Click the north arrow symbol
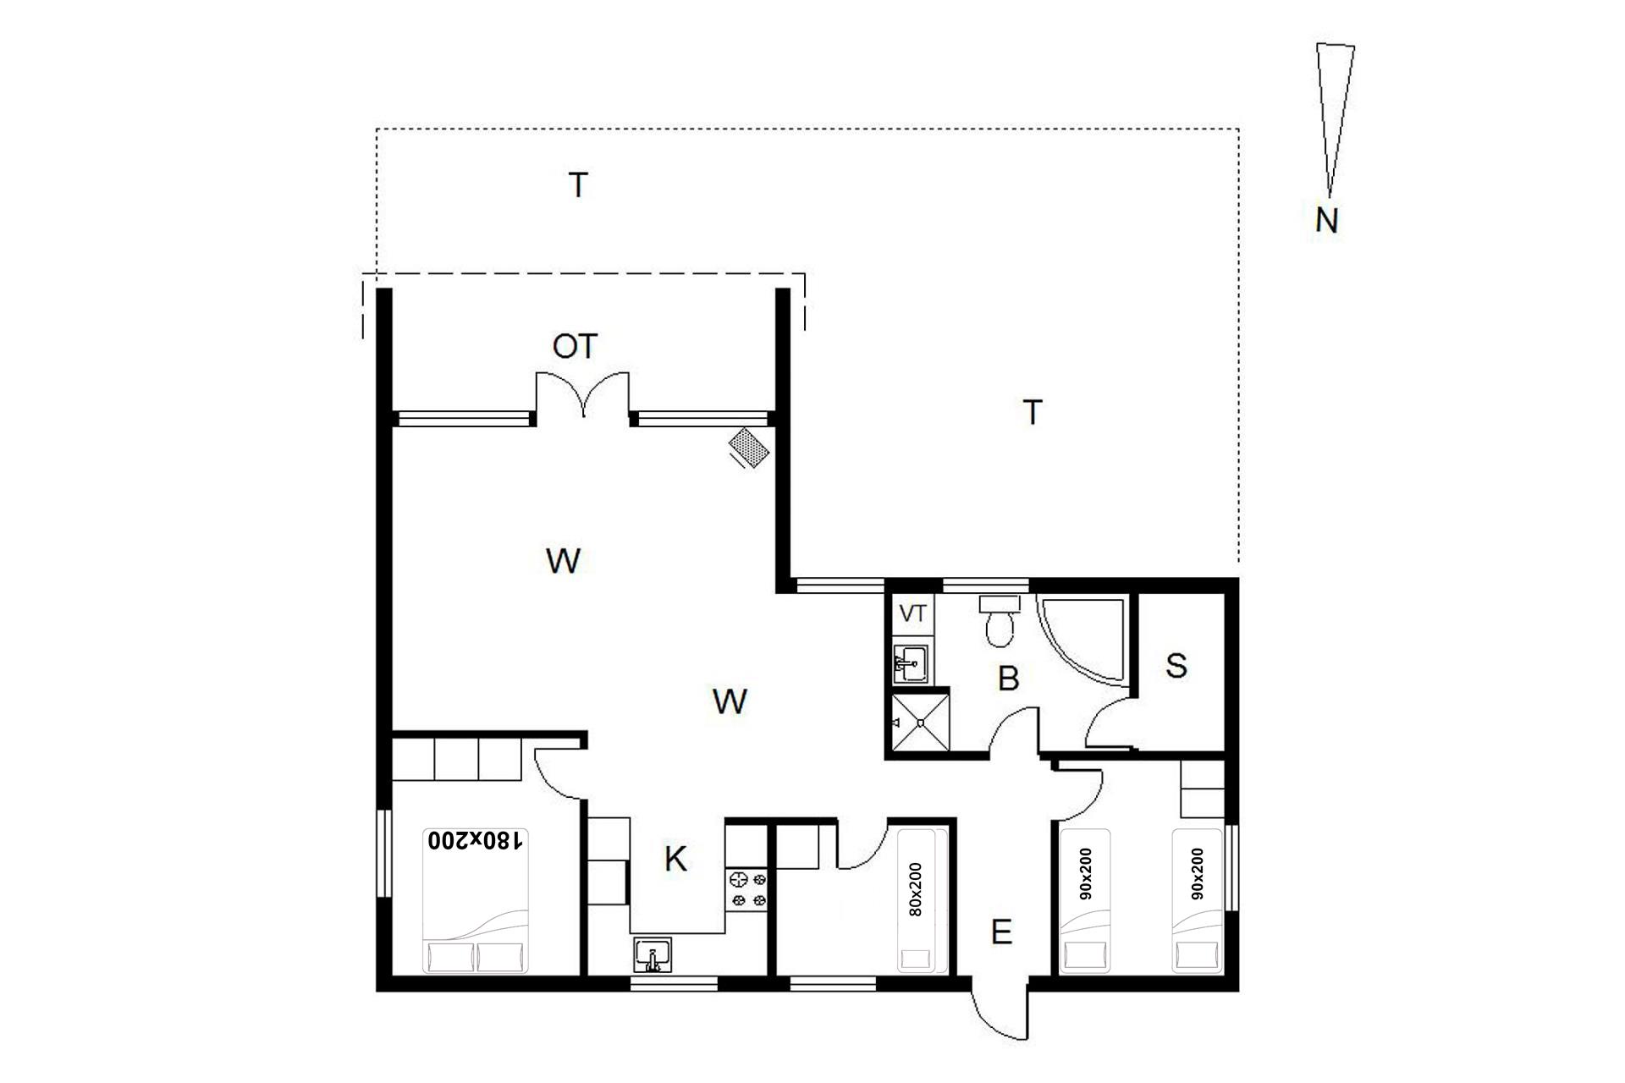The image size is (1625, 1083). (x=1335, y=118)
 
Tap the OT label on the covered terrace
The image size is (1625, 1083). (x=575, y=346)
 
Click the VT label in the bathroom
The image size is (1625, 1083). (x=912, y=613)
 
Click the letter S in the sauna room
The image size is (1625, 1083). (x=1176, y=666)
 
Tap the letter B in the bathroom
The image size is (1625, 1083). (x=1008, y=679)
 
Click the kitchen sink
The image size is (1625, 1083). (x=653, y=955)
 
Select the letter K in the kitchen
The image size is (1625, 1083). (x=675, y=860)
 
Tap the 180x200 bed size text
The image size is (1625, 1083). (x=476, y=840)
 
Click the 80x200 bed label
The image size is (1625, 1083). (x=915, y=889)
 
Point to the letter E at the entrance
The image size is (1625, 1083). (x=1001, y=932)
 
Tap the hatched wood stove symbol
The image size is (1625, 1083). (x=751, y=447)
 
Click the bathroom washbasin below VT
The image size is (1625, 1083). (x=912, y=662)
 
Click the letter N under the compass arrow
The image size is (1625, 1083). (x=1327, y=221)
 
